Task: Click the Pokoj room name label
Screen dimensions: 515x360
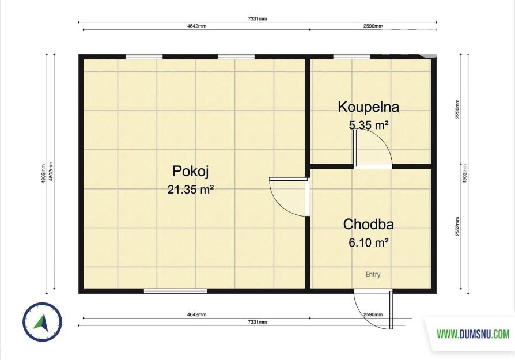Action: point(191,172)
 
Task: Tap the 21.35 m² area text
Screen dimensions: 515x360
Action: point(191,190)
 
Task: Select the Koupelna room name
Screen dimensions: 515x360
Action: point(369,107)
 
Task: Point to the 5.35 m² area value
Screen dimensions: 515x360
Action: point(369,125)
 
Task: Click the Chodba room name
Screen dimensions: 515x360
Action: point(369,224)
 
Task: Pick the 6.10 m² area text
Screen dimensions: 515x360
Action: point(369,242)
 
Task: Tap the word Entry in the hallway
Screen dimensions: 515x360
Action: point(373,275)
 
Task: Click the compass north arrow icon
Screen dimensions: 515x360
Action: point(42,322)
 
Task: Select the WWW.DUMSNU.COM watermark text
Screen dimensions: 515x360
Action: point(473,335)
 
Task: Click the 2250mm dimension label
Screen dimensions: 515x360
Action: point(457,109)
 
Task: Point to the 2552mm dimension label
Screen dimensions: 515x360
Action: point(457,226)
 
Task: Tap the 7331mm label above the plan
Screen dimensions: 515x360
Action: point(257,19)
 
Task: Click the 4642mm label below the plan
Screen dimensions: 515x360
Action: point(197,314)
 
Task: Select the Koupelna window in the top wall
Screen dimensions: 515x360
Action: point(352,56)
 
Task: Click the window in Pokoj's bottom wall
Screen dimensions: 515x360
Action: point(176,291)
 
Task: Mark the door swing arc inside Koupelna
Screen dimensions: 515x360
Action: point(381,139)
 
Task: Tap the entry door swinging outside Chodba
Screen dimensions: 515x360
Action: point(373,309)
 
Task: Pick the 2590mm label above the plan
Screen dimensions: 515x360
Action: point(373,26)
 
